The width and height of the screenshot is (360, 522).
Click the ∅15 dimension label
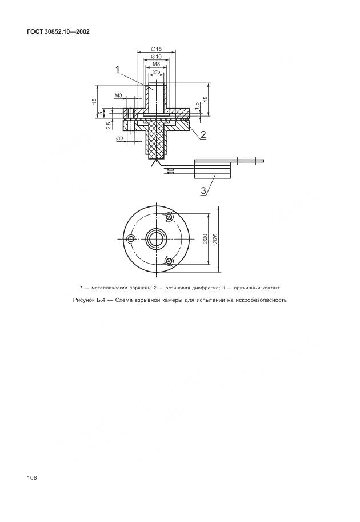point(156,50)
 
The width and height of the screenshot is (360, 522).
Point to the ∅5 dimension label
point(156,72)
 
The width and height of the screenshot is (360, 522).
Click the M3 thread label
point(118,95)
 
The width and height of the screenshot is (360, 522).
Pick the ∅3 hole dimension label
point(119,138)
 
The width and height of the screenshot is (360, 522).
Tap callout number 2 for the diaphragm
point(203,134)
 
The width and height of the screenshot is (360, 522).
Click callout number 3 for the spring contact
point(203,190)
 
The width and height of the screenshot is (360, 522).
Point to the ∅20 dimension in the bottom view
point(205,239)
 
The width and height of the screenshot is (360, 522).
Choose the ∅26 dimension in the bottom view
point(215,239)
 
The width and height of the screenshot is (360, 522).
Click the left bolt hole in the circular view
point(131,238)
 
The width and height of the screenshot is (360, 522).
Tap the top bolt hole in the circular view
point(169,217)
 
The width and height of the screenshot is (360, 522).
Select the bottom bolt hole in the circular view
point(169,261)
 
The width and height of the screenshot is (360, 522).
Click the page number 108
point(31,477)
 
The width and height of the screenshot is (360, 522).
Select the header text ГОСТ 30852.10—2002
point(58,31)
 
